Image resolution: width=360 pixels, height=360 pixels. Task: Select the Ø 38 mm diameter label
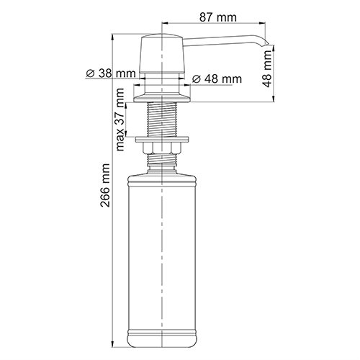pos(110,73)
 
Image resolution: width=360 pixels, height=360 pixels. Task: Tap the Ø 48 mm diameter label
pos(219,78)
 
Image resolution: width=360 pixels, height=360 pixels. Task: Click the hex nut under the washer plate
pos(164,149)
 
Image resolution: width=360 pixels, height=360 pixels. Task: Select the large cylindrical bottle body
pos(164,252)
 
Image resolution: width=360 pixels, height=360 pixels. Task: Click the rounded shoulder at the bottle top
pos(164,176)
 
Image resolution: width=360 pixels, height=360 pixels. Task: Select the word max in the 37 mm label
pos(121,142)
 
